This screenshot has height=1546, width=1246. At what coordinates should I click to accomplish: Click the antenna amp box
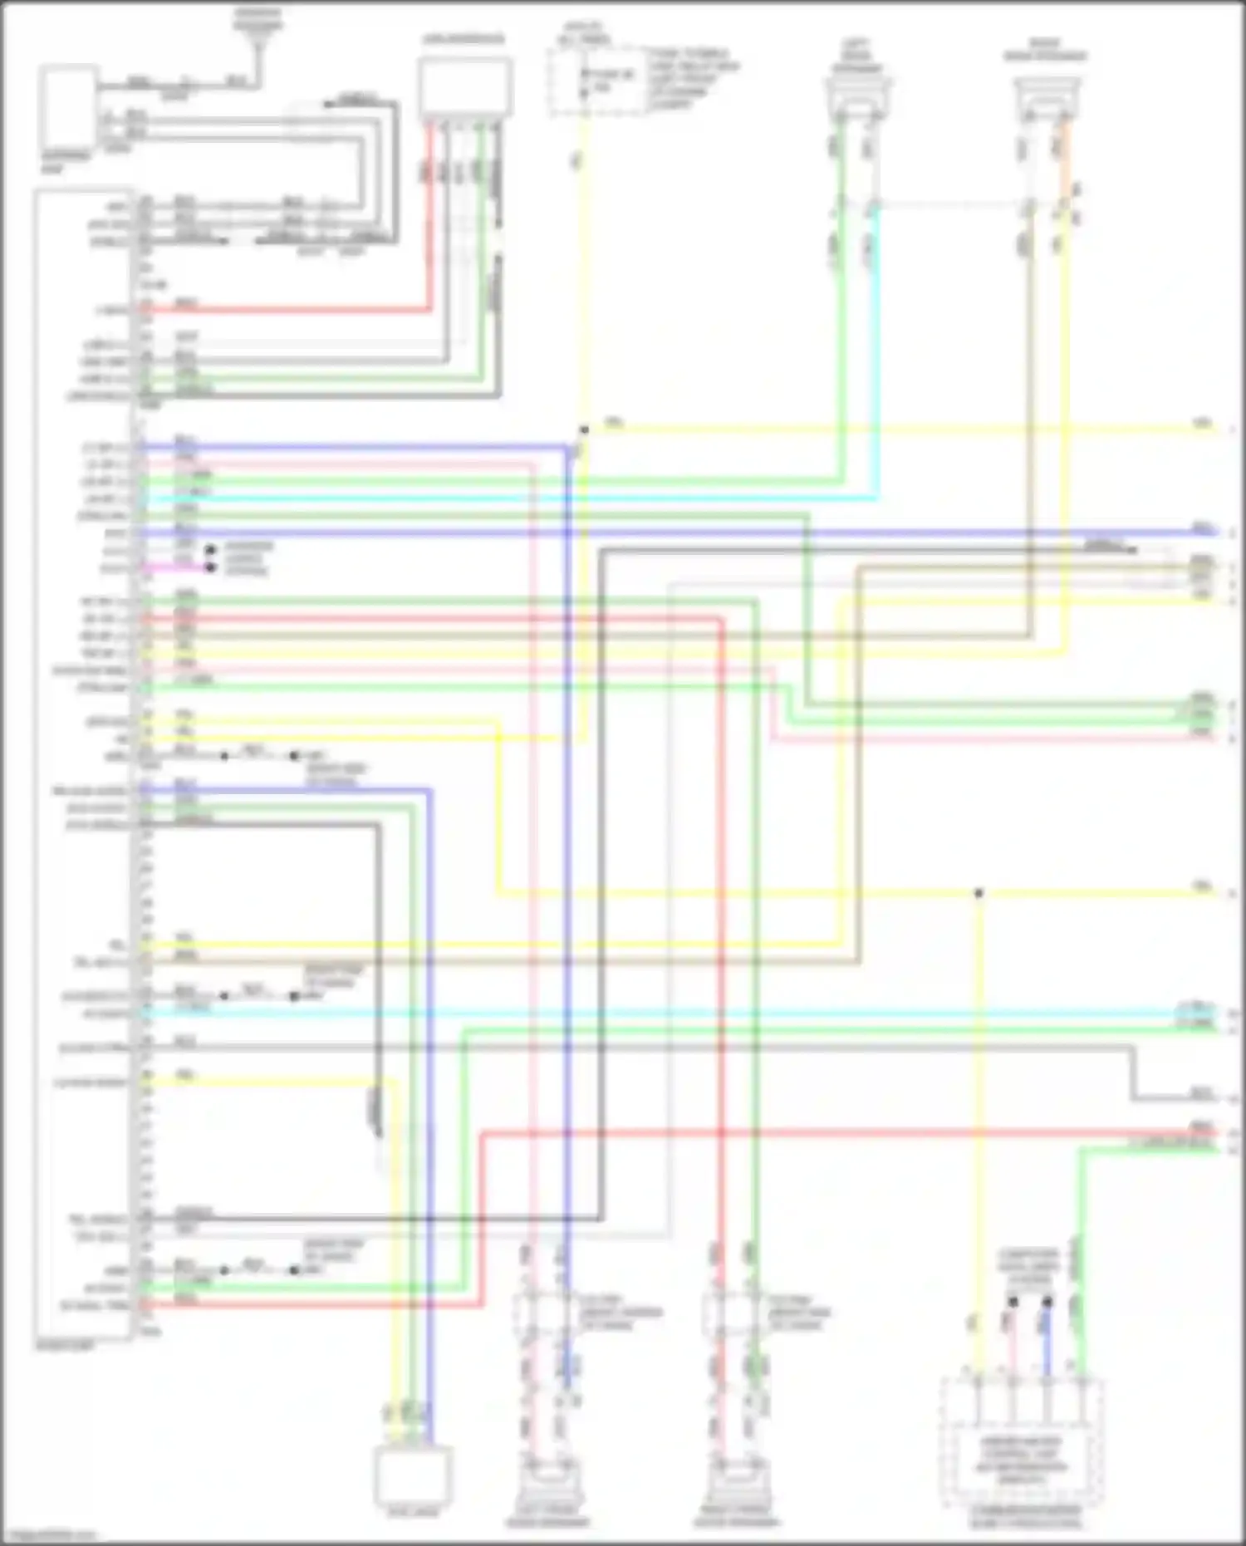point(66,108)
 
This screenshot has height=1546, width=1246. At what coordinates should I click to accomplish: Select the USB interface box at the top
point(465,87)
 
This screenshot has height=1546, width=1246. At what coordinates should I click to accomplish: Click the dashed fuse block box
point(596,81)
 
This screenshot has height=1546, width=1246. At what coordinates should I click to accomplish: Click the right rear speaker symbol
point(1047,96)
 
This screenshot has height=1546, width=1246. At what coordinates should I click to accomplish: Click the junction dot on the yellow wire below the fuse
point(584,430)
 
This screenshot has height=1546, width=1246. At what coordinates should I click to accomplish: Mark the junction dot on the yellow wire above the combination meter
point(979,894)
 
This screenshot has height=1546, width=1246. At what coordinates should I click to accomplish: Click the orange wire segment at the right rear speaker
point(1067,158)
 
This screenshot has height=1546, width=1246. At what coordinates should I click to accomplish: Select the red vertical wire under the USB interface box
point(431,216)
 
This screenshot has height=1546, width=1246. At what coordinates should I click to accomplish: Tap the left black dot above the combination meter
point(1013,1302)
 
